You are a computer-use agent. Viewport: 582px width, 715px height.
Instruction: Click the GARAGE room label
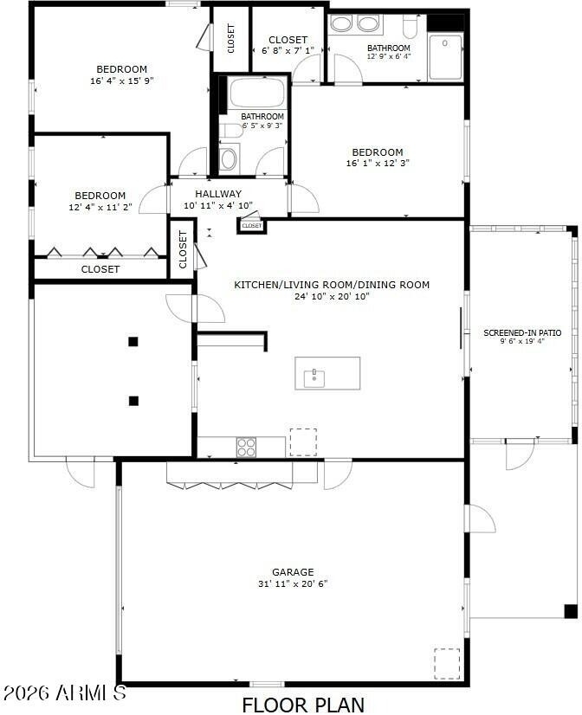293,572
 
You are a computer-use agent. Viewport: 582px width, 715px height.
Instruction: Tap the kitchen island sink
314,378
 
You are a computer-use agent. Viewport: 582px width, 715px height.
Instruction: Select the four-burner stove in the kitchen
246,447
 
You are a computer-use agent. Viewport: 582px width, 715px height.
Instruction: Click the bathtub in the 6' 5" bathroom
258,93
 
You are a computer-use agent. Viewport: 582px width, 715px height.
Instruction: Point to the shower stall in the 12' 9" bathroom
446,56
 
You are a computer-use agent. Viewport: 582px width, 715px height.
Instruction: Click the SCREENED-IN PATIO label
522,333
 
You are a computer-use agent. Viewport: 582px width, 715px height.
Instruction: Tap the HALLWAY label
218,194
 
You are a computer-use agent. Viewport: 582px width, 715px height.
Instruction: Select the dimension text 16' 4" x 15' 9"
122,81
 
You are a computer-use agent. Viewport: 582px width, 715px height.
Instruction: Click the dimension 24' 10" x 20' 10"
332,296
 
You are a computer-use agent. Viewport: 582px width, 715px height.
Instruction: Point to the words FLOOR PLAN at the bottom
303,705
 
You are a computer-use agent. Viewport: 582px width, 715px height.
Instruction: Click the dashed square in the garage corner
447,663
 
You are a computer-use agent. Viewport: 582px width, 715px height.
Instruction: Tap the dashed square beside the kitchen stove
303,441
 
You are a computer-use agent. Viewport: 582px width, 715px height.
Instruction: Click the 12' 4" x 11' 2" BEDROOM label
100,196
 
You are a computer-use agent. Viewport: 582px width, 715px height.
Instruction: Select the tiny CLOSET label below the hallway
252,226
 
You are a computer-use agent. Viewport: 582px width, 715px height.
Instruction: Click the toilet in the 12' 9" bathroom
409,27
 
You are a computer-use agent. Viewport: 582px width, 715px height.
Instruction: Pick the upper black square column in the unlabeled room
133,342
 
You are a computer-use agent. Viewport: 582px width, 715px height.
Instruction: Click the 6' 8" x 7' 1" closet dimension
288,50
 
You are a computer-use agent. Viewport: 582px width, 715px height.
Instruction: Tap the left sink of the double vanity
340,23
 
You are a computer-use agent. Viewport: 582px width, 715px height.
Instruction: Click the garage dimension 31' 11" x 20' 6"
293,583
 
